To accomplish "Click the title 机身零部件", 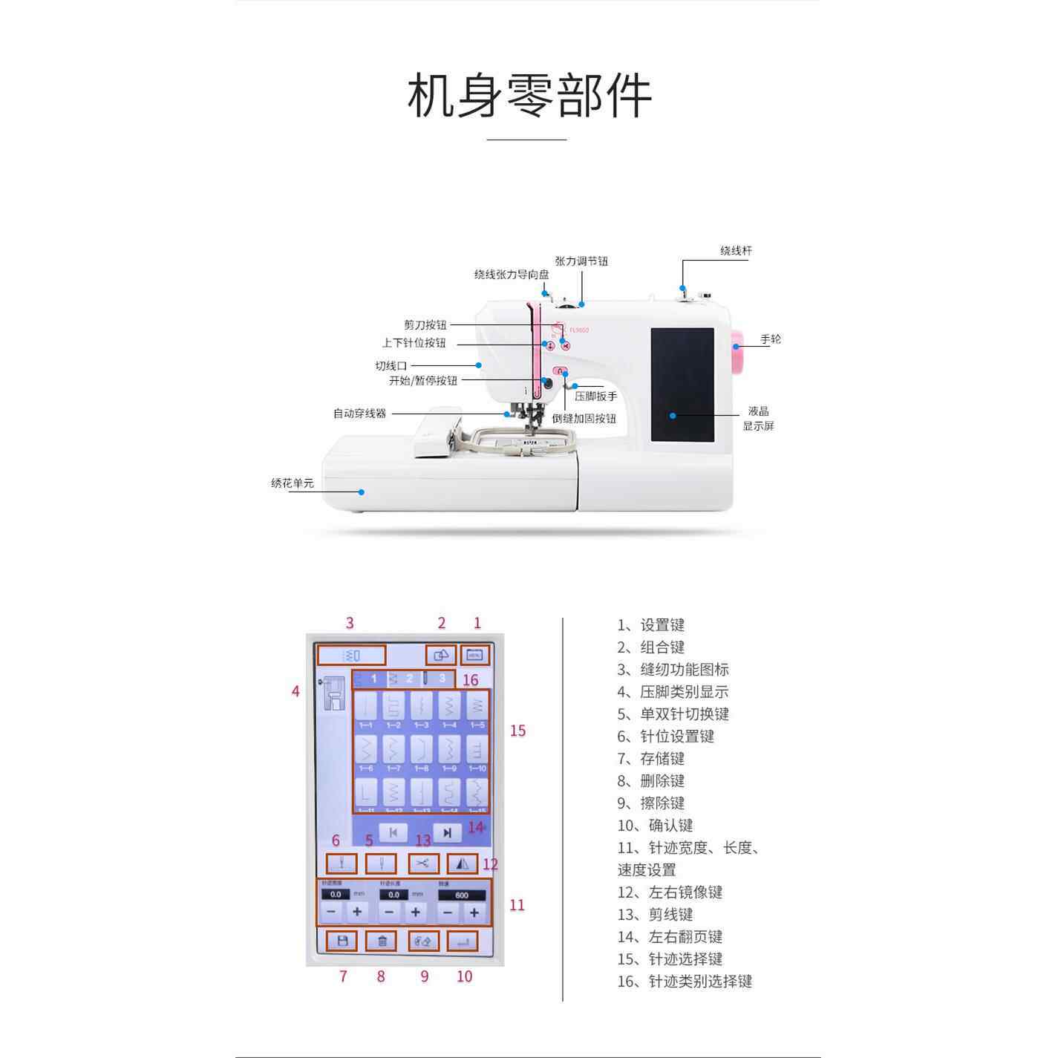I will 529,96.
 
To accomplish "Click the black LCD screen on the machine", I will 682,385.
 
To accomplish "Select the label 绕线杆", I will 735,251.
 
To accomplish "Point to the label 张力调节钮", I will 581,261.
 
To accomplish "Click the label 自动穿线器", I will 359,414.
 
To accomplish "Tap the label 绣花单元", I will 292,483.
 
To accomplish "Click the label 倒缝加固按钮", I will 584,419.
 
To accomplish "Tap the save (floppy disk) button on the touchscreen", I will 342,941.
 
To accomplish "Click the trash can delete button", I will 382,941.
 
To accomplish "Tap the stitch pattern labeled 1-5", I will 477,708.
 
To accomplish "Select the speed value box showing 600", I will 461,895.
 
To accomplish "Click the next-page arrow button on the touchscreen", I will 447,833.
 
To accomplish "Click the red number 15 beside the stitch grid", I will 517,731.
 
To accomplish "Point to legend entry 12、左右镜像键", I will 670,892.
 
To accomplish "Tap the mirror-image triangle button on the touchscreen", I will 463,863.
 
